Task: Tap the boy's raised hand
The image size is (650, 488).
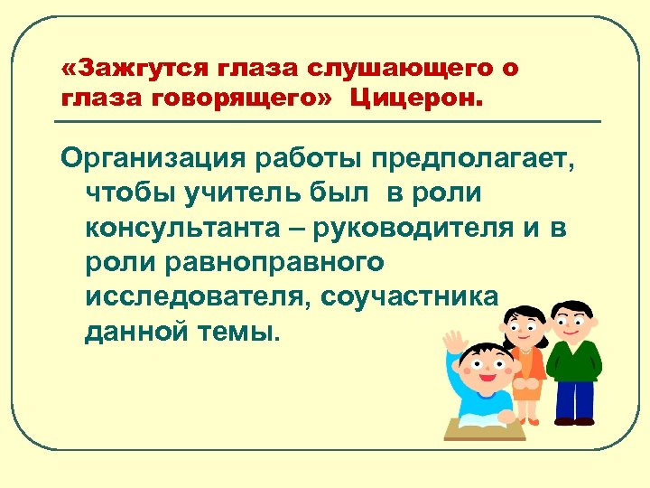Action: (x=457, y=342)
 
